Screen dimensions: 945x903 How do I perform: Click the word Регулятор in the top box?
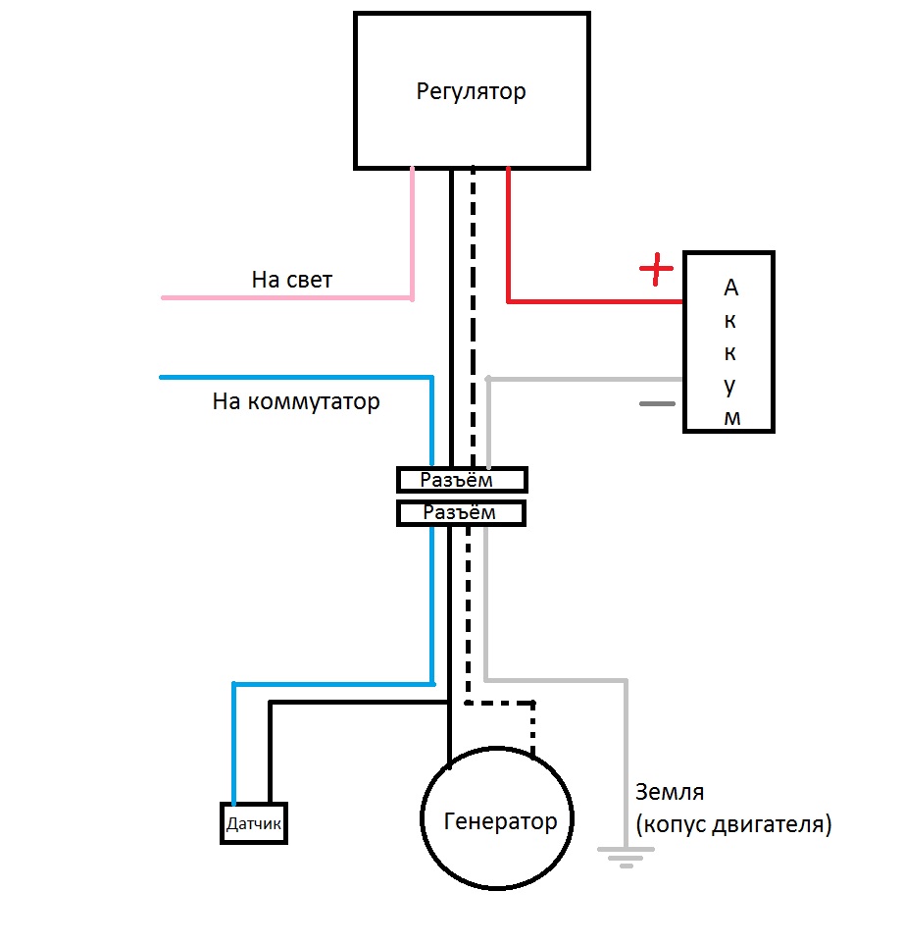coord(471,92)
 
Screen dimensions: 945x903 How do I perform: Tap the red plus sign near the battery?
coord(657,268)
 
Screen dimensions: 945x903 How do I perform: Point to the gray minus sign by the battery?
coord(658,403)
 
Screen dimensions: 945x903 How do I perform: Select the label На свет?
coord(292,280)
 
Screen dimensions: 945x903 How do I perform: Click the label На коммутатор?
coord(296,401)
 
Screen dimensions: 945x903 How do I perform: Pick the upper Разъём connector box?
coord(461,480)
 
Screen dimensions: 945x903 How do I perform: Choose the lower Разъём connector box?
coord(461,512)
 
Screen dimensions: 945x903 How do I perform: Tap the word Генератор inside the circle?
coord(500,820)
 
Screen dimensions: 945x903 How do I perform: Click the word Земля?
coord(670,791)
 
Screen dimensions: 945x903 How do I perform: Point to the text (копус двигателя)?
coord(733,824)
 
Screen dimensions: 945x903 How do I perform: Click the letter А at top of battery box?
coord(729,288)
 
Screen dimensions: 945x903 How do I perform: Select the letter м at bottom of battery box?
coord(731,418)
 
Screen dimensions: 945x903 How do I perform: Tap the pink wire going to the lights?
coord(284,296)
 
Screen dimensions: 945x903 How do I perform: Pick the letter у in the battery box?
coord(730,387)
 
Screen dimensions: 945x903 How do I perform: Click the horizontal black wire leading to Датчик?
coord(358,704)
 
